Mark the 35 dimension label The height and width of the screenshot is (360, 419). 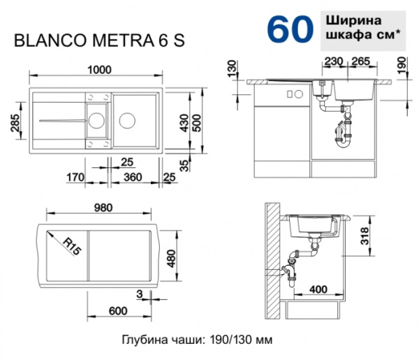coord(183,165)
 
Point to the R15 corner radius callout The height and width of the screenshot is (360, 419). coord(70,246)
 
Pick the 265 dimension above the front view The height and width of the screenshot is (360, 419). coord(360,61)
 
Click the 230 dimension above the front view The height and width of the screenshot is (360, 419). coord(335,61)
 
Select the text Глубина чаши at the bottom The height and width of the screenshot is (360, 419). coord(159,340)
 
